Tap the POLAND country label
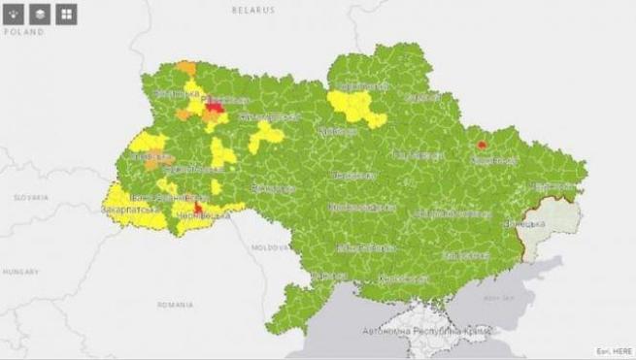coord(25,32)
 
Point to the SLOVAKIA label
coord(30,196)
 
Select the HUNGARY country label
coord(21,273)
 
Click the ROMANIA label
coord(177,304)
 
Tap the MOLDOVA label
coord(265,247)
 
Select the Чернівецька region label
coord(205,215)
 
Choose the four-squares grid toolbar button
coord(66,14)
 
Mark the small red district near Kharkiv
coord(481,145)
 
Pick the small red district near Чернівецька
coord(198,207)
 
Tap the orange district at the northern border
coord(185,68)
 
